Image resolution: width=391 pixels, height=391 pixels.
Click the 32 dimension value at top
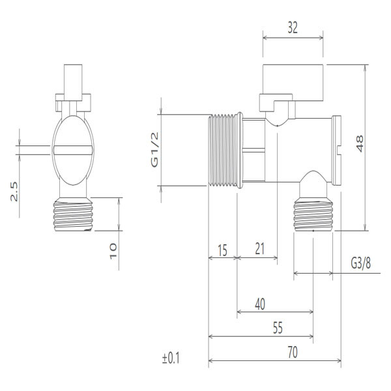(293, 28)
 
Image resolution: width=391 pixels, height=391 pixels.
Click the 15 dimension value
(222, 249)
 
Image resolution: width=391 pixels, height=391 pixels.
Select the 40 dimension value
(259, 304)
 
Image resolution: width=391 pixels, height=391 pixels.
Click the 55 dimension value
(278, 328)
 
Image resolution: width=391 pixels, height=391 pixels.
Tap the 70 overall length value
(292, 353)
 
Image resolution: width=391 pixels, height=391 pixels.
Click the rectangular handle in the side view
(293, 80)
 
